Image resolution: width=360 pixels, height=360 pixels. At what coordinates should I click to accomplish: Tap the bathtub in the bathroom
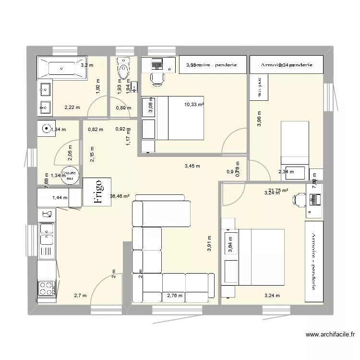click(61, 68)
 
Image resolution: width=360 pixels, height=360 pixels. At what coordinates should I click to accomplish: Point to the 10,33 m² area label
click(194, 104)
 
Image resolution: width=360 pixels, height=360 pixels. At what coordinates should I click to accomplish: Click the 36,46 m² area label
click(120, 196)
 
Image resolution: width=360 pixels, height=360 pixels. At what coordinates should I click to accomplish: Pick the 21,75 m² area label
click(278, 190)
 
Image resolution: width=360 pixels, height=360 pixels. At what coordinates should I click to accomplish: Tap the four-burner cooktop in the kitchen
click(46, 288)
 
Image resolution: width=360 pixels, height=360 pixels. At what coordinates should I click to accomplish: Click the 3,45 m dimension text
click(192, 167)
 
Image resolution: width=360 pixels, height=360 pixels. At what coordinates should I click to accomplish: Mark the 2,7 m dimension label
click(80, 296)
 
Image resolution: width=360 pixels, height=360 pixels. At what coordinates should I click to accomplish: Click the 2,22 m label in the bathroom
click(71, 108)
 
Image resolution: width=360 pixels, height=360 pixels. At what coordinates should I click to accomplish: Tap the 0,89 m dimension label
click(123, 108)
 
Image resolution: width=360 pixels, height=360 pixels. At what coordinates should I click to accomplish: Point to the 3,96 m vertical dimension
click(260, 119)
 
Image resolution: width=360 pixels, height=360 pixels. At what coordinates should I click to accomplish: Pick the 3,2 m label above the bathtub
click(87, 65)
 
